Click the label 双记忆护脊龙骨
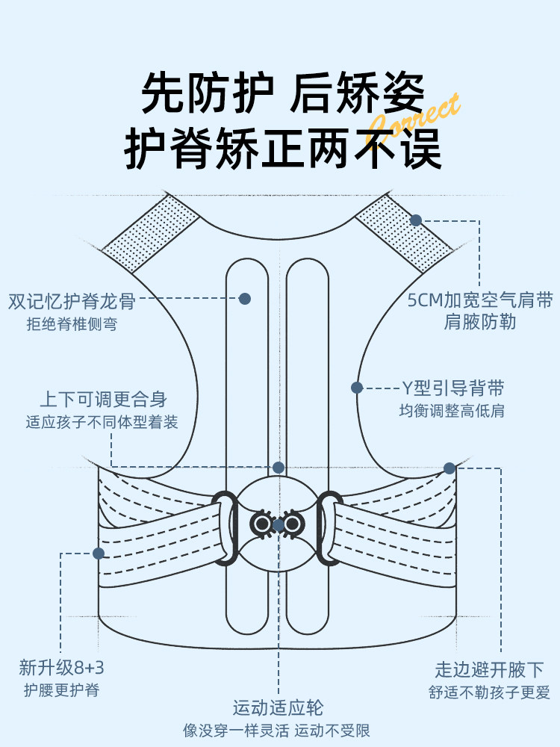(x=72, y=301)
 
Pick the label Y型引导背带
(x=453, y=388)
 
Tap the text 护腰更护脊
(x=61, y=690)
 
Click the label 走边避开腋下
(x=489, y=669)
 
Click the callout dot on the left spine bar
(x=244, y=299)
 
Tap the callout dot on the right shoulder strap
(x=416, y=220)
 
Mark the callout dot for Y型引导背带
(x=357, y=388)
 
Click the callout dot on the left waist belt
(x=98, y=554)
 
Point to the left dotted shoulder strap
(x=150, y=234)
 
